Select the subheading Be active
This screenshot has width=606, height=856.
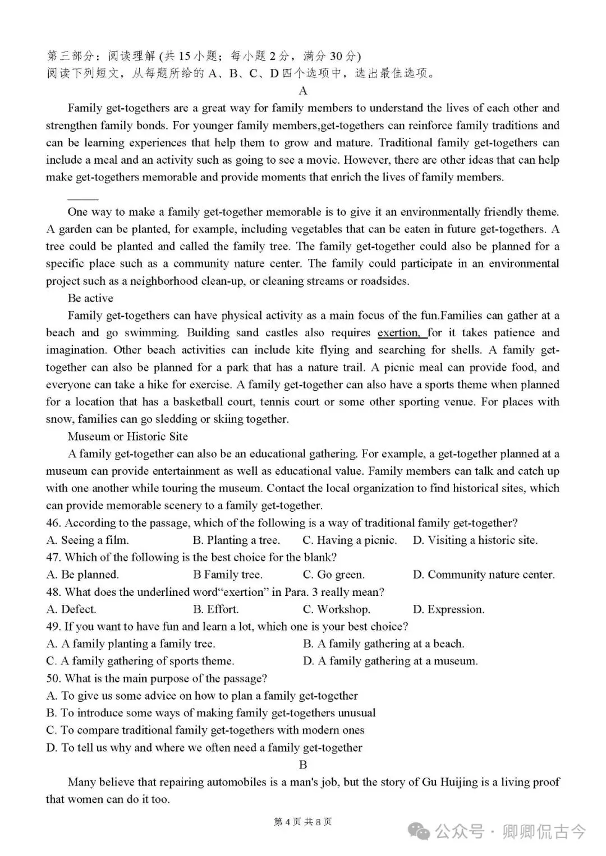point(90,298)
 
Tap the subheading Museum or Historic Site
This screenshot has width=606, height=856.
point(127,437)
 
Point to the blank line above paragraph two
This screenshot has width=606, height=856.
point(82,198)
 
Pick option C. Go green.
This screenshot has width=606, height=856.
point(333,575)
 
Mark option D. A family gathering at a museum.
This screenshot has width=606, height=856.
point(390,661)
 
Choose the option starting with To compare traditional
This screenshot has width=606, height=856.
point(205,730)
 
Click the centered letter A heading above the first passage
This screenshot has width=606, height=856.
point(303,91)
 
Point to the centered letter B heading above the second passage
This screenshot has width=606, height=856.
point(303,765)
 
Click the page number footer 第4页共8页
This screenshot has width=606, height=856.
point(302,822)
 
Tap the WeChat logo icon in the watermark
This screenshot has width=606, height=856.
point(420,831)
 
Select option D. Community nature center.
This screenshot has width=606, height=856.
point(484,575)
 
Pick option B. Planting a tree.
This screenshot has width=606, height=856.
point(236,540)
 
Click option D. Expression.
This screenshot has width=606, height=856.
point(448,609)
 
